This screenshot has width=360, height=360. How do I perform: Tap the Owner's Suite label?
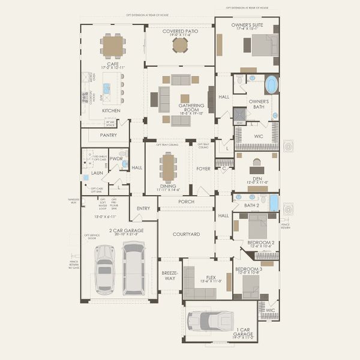point(247,25)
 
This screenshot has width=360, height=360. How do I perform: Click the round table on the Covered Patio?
point(180,46)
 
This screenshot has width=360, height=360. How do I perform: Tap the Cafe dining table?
point(112,46)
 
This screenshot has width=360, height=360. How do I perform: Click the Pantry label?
point(109,136)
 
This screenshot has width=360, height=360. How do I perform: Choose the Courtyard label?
point(186,234)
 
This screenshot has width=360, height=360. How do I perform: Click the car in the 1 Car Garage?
point(210,320)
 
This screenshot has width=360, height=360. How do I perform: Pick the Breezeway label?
point(170,275)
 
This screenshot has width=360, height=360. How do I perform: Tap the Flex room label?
point(206,278)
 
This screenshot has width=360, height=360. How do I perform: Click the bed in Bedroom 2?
point(259,227)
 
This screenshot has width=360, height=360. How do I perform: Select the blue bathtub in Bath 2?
point(274,203)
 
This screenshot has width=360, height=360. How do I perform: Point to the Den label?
point(257,178)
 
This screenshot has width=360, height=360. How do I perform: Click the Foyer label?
point(203,169)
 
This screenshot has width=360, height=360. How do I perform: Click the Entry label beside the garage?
point(143,208)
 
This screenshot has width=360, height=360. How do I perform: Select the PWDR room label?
point(116,159)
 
